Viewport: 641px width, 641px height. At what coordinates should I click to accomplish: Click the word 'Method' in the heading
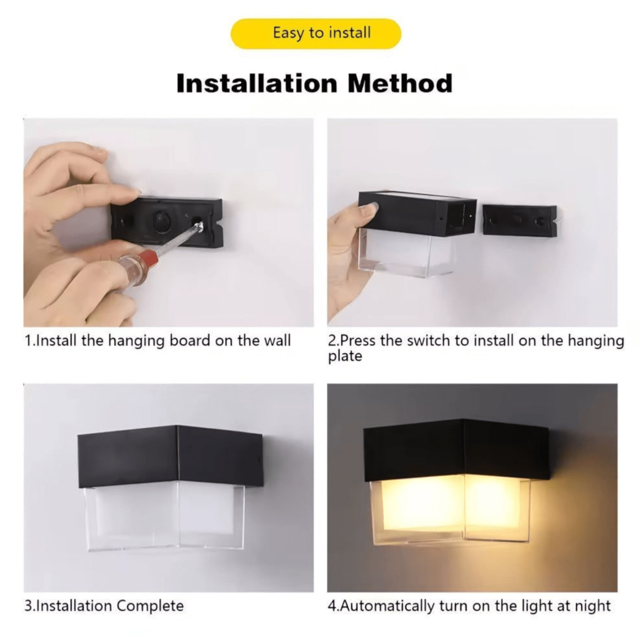tap(400, 84)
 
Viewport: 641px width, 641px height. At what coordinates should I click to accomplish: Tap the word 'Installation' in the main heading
tap(257, 84)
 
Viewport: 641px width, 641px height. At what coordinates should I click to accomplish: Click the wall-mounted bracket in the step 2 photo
tap(519, 220)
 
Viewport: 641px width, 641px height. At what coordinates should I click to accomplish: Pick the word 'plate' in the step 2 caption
tap(345, 357)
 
